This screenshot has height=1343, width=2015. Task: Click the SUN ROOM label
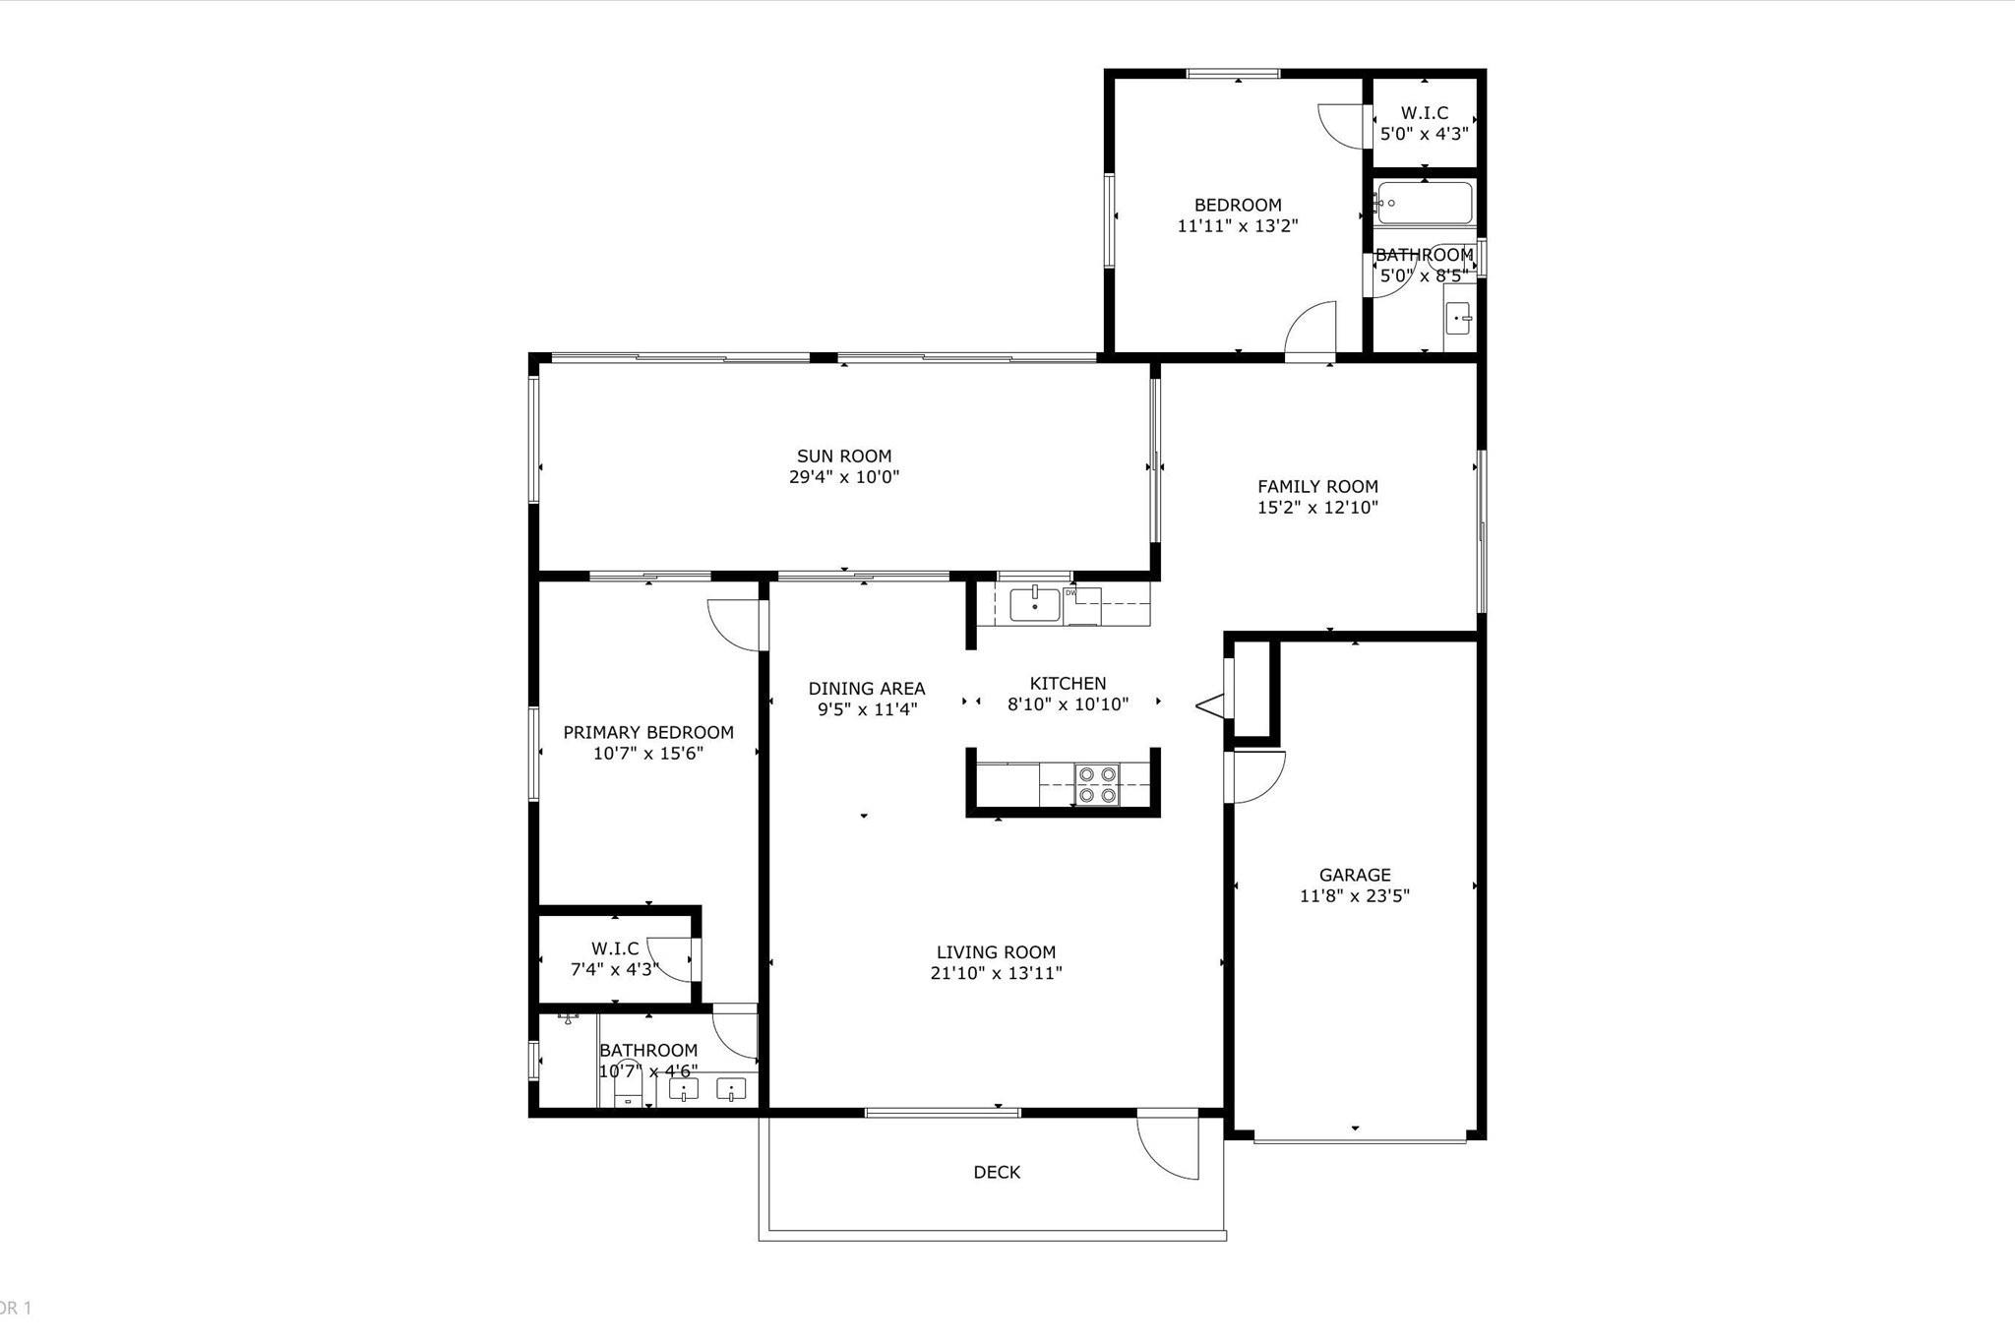point(843,456)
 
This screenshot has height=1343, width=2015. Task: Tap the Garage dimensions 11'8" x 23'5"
point(1354,896)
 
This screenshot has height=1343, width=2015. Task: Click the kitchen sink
point(1034,603)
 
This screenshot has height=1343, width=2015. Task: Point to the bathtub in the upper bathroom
point(1425,204)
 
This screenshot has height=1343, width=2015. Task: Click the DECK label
point(997,1172)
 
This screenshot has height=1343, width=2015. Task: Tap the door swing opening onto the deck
point(1169,1146)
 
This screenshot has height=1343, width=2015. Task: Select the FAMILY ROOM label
point(1317,486)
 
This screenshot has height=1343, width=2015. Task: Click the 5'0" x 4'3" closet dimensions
point(1424,134)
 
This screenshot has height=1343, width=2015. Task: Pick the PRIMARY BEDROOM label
point(647,732)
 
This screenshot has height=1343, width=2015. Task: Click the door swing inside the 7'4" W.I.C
point(671,960)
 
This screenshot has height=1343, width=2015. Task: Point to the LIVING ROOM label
point(996,951)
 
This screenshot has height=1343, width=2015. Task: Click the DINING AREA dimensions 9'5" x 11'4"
point(867,709)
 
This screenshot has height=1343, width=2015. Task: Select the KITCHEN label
point(1068,683)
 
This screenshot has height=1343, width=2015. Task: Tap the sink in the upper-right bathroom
point(1458,318)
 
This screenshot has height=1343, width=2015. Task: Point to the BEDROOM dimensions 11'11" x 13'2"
point(1237,226)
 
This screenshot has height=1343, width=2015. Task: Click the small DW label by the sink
point(1069,592)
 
